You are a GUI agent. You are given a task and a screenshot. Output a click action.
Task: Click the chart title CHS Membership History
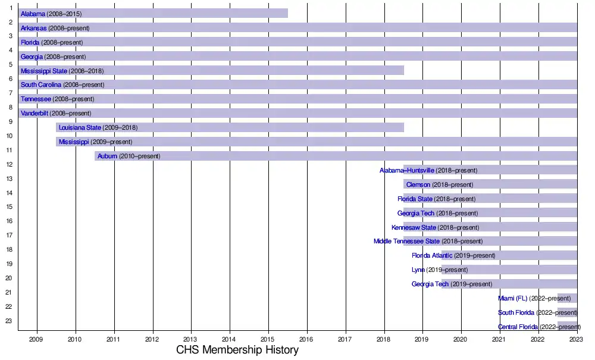(x=237, y=350)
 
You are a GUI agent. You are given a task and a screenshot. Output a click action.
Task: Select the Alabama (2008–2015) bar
(x=178, y=13)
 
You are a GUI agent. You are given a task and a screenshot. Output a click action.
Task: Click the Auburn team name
(x=107, y=156)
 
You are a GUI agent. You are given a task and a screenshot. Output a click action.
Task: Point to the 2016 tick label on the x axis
(x=307, y=339)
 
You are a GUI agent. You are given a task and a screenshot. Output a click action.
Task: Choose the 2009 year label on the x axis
(x=36, y=339)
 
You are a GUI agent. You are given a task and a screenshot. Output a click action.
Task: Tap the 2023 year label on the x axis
(x=576, y=339)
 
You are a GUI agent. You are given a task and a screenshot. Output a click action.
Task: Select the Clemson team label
(x=418, y=185)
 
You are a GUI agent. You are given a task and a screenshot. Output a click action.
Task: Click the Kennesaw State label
(x=414, y=228)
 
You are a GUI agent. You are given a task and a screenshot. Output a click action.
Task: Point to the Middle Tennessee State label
(x=406, y=242)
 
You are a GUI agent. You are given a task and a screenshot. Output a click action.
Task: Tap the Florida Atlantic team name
(x=432, y=256)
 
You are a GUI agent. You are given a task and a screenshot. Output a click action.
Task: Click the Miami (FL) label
(x=513, y=299)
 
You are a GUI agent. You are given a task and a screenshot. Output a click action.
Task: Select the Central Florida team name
(x=518, y=327)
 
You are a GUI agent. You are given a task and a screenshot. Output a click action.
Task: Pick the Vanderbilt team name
(x=35, y=114)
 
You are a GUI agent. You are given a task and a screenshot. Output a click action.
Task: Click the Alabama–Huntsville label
(x=407, y=171)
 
